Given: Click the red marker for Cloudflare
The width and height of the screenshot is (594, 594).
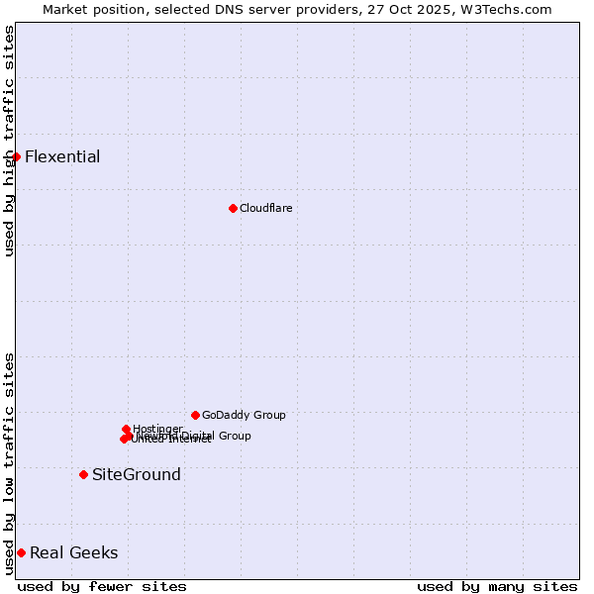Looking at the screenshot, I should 233,208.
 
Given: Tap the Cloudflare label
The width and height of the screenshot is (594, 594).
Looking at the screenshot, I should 265,208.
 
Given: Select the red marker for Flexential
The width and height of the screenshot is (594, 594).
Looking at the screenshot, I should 16,156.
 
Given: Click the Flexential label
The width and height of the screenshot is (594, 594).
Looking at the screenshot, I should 62,156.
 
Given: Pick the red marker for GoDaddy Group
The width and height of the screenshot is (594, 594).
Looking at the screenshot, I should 195,415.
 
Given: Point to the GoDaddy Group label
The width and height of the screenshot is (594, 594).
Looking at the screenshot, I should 244,415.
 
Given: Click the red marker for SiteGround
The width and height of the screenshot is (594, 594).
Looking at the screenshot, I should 83,474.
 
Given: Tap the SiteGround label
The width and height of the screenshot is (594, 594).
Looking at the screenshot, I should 137,474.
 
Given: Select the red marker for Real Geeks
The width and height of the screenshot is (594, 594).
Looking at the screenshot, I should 21,552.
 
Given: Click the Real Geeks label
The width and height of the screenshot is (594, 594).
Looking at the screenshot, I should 74,552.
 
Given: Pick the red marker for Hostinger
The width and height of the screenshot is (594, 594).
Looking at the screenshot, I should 126,429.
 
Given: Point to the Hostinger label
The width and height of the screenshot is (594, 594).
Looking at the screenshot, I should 157,428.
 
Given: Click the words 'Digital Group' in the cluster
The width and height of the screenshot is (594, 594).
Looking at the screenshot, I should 222,436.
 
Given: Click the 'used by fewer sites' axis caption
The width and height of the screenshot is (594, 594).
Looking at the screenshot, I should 102,586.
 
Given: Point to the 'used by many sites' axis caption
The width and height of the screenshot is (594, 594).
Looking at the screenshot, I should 497,586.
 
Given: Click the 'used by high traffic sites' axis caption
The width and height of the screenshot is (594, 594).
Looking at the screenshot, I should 9,141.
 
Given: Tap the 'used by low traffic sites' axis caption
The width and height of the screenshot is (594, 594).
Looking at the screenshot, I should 9,463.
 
